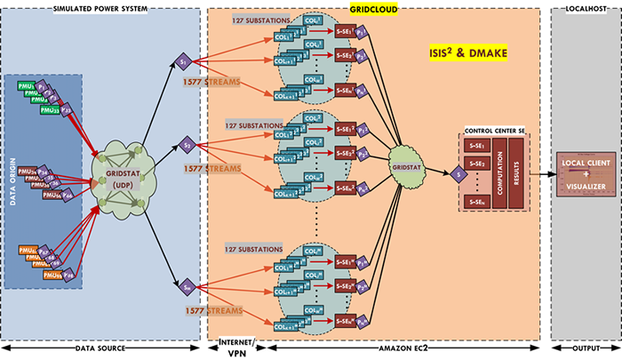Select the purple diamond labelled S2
187,142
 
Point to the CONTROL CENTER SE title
496,131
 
